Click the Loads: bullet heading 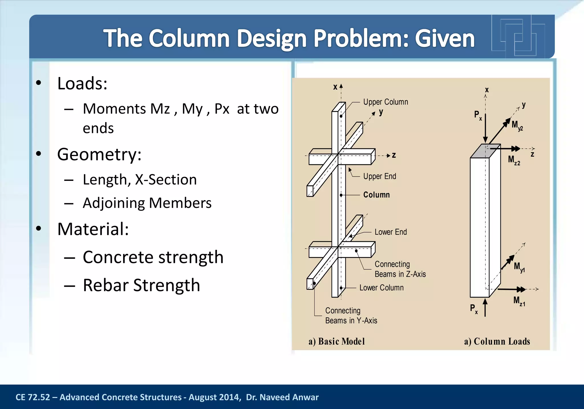(x=82, y=84)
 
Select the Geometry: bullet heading (x=99, y=154)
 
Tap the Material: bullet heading (x=93, y=229)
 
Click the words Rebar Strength (x=141, y=285)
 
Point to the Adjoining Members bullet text (x=147, y=203)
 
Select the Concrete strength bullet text (x=153, y=257)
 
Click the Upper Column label (x=385, y=102)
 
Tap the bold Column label (x=376, y=195)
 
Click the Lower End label (x=390, y=232)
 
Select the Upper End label (x=379, y=176)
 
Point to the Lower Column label (x=381, y=287)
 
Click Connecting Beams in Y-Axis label (x=351, y=315)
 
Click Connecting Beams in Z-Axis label (x=400, y=269)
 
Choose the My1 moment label (x=519, y=267)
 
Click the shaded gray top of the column (x=485, y=151)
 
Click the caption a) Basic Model (x=336, y=341)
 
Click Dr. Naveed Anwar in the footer (x=282, y=397)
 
